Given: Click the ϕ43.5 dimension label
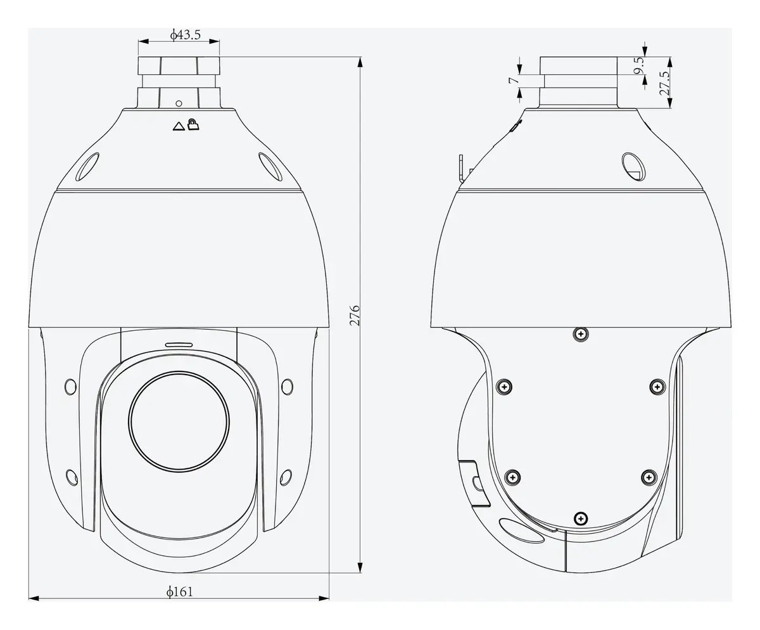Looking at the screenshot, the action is click(x=186, y=35).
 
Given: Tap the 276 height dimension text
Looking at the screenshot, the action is click(x=355, y=316).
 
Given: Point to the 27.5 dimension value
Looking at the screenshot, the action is click(x=664, y=83).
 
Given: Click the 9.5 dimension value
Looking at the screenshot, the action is click(x=640, y=65).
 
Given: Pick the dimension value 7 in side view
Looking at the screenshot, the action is click(x=514, y=80).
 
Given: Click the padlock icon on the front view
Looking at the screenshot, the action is click(x=193, y=125).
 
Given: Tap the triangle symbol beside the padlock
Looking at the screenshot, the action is click(x=179, y=126).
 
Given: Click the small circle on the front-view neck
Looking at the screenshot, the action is click(x=179, y=103).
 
